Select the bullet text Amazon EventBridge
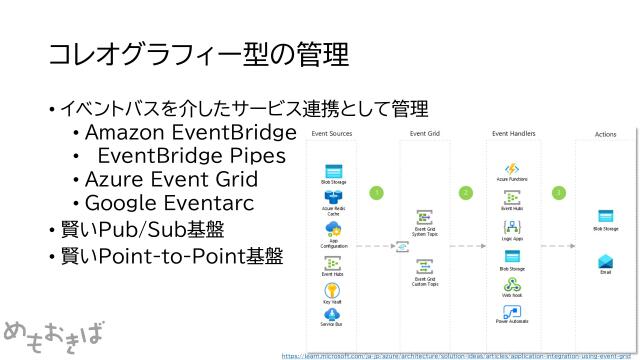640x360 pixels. pos(190,133)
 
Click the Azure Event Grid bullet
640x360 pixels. pos(171,180)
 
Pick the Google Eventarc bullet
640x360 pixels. pos(169,204)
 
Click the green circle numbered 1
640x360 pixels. pos(376,192)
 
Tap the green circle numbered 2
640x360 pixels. pos(465,192)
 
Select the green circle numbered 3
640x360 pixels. pos(558,192)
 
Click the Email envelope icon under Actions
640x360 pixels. pos(605,261)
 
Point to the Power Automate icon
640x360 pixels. pos(511,311)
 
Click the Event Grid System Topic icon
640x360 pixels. pos(424,218)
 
